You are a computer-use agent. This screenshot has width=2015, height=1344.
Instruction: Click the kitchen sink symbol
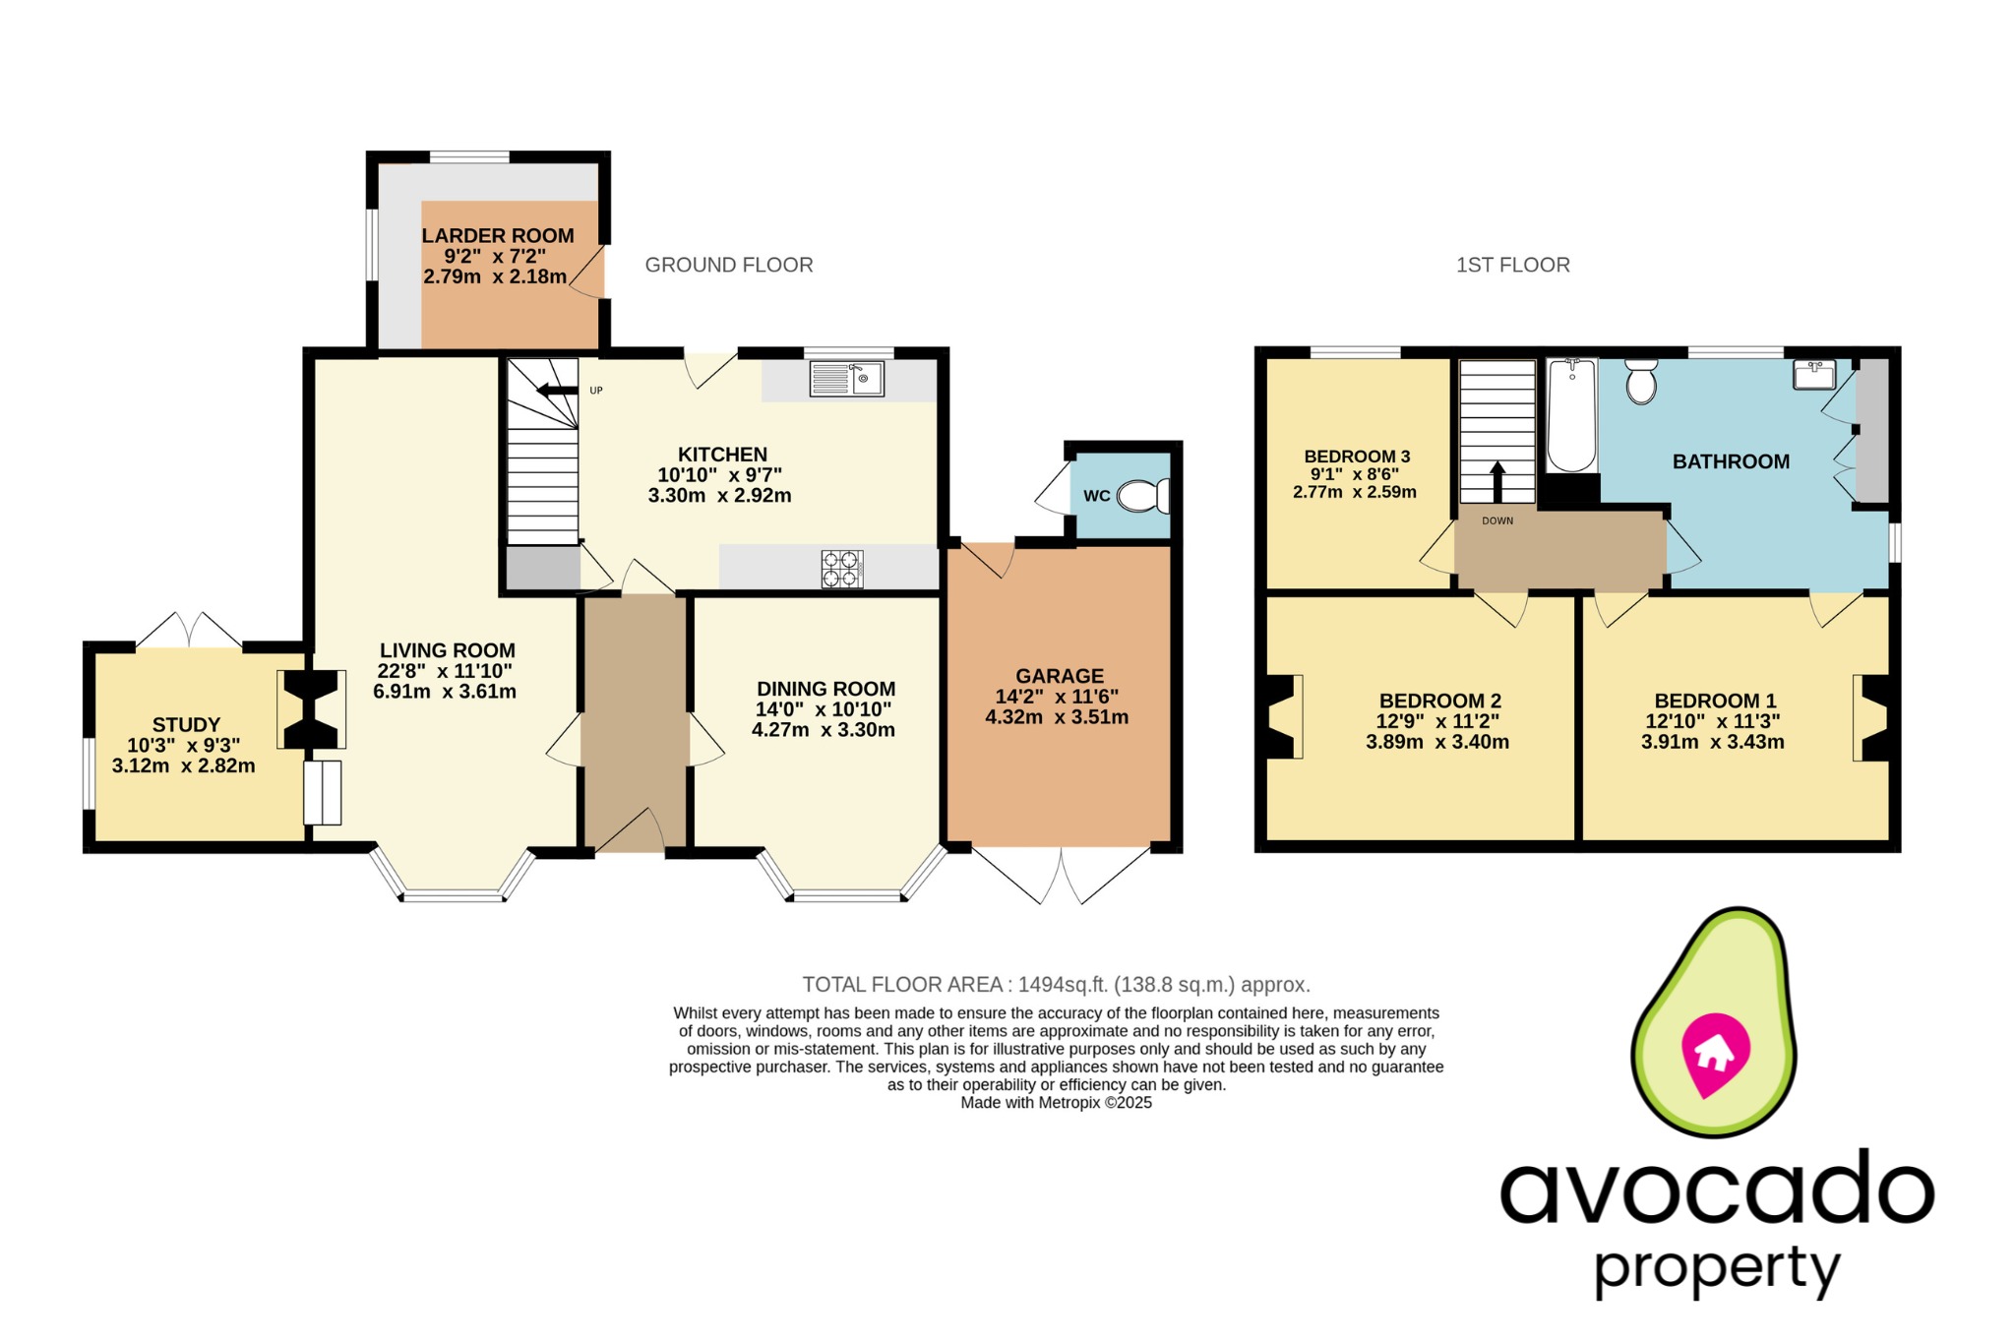point(846,379)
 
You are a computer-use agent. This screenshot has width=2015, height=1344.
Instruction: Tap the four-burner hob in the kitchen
point(842,569)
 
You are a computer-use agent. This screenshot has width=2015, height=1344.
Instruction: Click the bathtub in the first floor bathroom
point(1571,415)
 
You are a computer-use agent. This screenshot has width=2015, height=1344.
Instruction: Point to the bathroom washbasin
point(1814,375)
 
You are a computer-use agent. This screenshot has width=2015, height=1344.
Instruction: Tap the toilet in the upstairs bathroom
point(1641,382)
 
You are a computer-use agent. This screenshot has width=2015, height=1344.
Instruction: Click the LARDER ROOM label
point(498,236)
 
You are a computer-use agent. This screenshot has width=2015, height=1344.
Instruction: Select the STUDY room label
point(186,725)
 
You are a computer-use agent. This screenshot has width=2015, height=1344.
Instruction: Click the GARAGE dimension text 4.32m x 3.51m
point(1057,717)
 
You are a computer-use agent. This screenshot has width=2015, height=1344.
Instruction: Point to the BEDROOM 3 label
point(1357,457)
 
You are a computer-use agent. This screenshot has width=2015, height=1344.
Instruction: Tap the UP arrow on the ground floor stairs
point(557,392)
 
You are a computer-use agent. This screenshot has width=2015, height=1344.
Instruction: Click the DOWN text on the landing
point(1497,521)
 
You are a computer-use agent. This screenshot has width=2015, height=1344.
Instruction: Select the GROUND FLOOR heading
point(728,265)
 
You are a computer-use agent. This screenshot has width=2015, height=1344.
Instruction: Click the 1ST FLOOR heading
point(1512,265)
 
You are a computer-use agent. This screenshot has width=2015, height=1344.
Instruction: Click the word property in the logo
point(1716,1269)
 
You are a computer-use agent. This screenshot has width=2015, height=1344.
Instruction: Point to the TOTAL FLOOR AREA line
point(1056,984)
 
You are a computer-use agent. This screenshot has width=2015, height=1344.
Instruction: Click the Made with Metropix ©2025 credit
point(1056,1103)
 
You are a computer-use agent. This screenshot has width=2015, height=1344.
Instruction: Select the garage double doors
point(1062,874)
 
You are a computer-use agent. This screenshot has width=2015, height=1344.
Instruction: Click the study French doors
point(188,631)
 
